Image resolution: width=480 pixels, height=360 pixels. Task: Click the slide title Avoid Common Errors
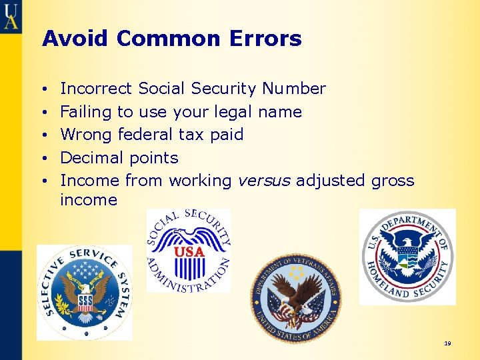tap(172, 39)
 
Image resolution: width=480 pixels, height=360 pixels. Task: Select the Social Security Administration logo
tap(189, 251)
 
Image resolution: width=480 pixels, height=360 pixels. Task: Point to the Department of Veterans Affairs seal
tap(295, 297)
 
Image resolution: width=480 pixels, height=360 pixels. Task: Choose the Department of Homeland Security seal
tap(407, 257)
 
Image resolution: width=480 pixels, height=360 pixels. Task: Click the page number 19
tap(447, 343)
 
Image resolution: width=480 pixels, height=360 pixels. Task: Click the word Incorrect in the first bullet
tap(97, 89)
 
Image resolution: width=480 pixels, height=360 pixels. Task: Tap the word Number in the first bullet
tap(293, 89)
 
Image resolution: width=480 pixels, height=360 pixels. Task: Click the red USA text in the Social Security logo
tap(189, 252)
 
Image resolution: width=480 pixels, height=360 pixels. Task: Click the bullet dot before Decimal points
tap(43, 159)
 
